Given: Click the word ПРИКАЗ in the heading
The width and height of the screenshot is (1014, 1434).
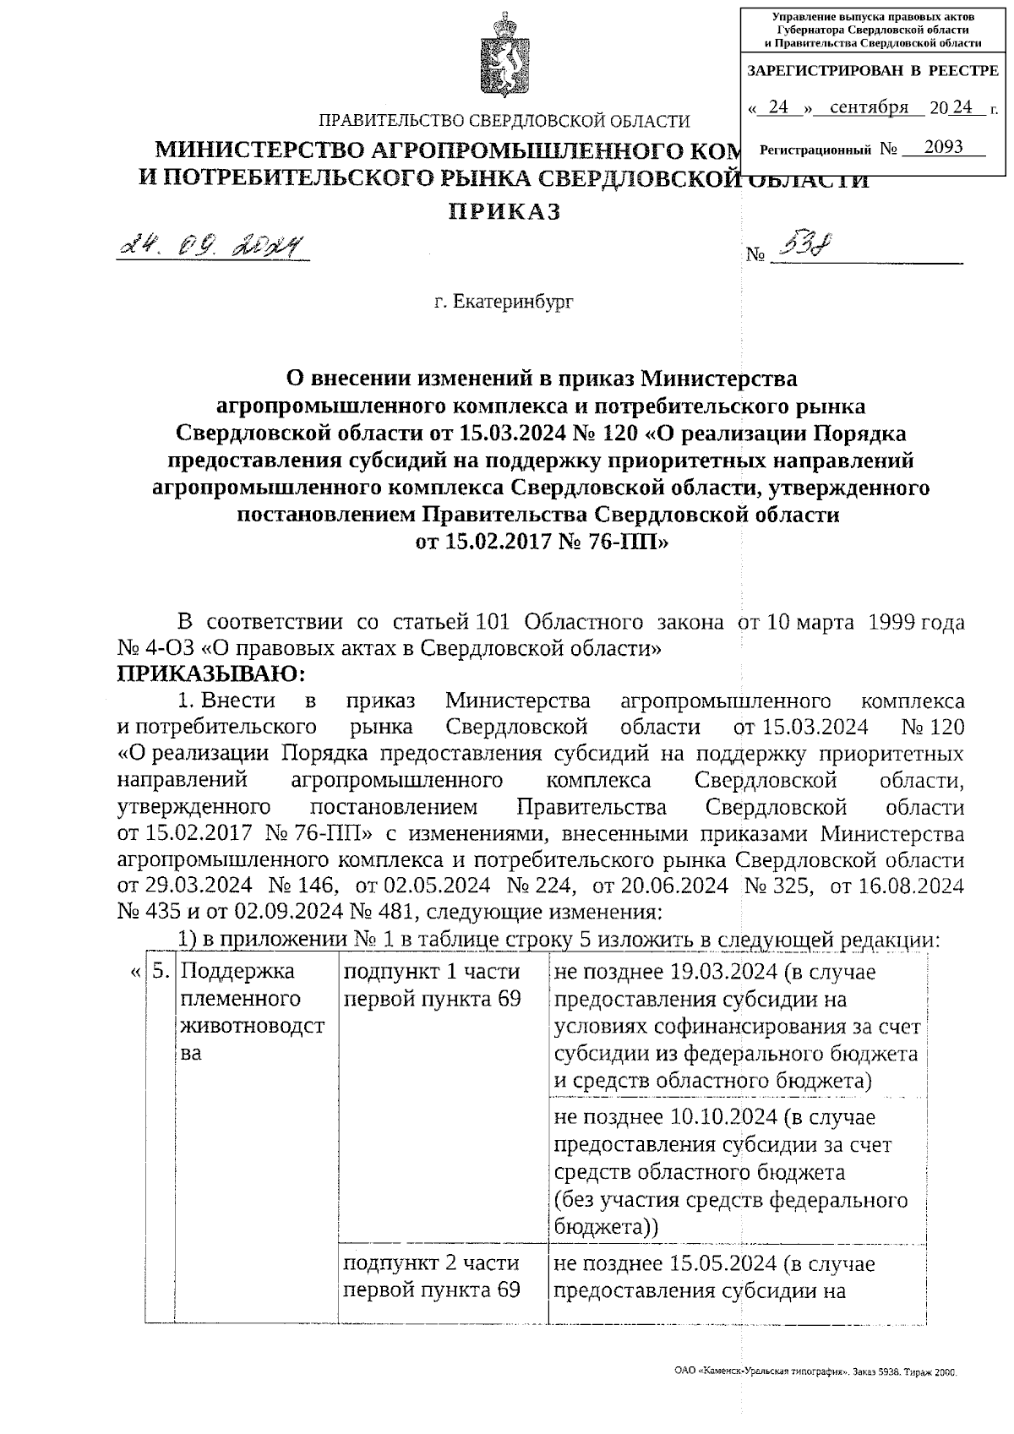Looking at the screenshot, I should pos(504,211).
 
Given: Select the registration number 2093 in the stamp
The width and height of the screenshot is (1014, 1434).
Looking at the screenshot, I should pos(943,147).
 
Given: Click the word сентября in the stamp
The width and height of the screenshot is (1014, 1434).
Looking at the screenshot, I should pos(869,107).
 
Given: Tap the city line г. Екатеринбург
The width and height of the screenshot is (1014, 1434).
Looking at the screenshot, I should pos(504,301).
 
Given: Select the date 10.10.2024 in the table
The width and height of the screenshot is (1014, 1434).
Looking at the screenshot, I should pos(724,1117).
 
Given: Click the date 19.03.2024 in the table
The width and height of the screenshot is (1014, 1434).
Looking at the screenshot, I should pos(724,972).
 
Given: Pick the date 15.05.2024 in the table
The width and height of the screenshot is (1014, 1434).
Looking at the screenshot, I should pos(724,1263).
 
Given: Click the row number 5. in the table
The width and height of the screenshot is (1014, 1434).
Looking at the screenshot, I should pos(160,972).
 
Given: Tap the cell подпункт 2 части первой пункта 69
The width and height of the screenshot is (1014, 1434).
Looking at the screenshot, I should pos(431,1276).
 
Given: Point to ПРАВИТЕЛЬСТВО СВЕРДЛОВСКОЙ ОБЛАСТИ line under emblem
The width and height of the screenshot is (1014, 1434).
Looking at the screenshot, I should pos(504,122).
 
